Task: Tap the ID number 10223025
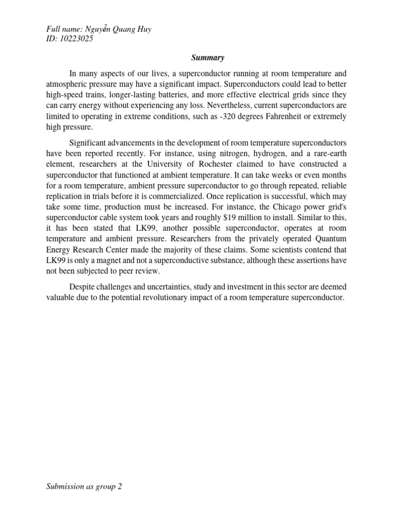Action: point(77,38)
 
